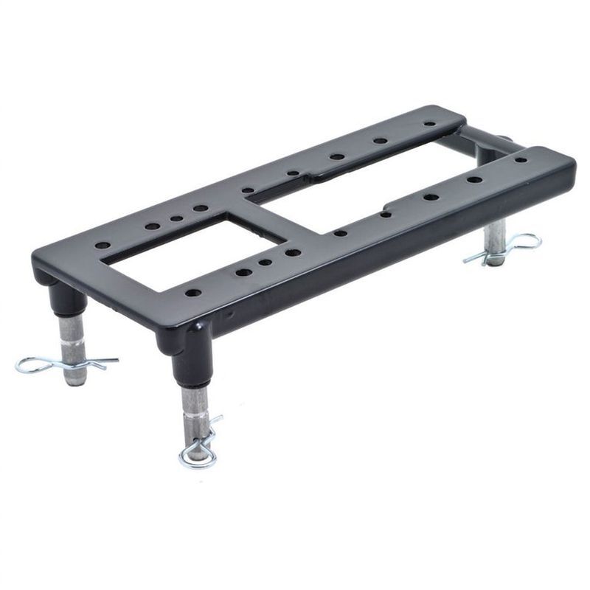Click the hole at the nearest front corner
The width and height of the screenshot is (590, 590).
192,293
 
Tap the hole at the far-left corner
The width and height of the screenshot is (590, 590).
103,245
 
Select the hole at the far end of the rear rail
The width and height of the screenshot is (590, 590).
429,124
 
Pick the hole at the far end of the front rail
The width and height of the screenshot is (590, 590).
521,159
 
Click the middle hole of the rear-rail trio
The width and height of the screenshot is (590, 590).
176,218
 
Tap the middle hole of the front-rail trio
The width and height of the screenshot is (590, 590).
265,263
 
